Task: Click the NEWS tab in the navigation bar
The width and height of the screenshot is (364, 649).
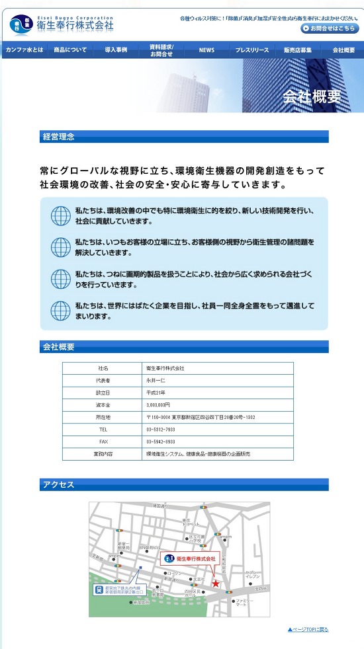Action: click(x=206, y=50)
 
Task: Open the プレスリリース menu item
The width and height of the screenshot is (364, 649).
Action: click(x=252, y=50)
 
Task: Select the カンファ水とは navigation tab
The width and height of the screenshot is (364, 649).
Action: click(x=24, y=50)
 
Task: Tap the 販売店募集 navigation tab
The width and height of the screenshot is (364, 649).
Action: click(x=298, y=50)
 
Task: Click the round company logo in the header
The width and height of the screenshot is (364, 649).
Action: click(x=21, y=25)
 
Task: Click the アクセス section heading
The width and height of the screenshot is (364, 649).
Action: click(x=59, y=485)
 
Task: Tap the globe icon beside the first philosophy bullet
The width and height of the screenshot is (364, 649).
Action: click(x=60, y=215)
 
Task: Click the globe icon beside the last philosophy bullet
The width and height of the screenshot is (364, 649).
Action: click(x=60, y=311)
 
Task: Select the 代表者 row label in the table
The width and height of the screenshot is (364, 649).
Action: click(x=103, y=381)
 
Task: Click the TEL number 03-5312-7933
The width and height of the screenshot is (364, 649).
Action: click(x=161, y=429)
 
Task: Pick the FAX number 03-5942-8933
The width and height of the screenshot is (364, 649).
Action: click(x=161, y=441)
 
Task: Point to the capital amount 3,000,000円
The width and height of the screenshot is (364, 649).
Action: click(x=159, y=404)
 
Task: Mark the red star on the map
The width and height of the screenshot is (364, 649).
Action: click(x=216, y=584)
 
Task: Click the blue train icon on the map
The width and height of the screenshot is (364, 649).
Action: click(x=99, y=588)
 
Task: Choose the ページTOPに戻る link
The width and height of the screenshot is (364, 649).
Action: click(x=308, y=629)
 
